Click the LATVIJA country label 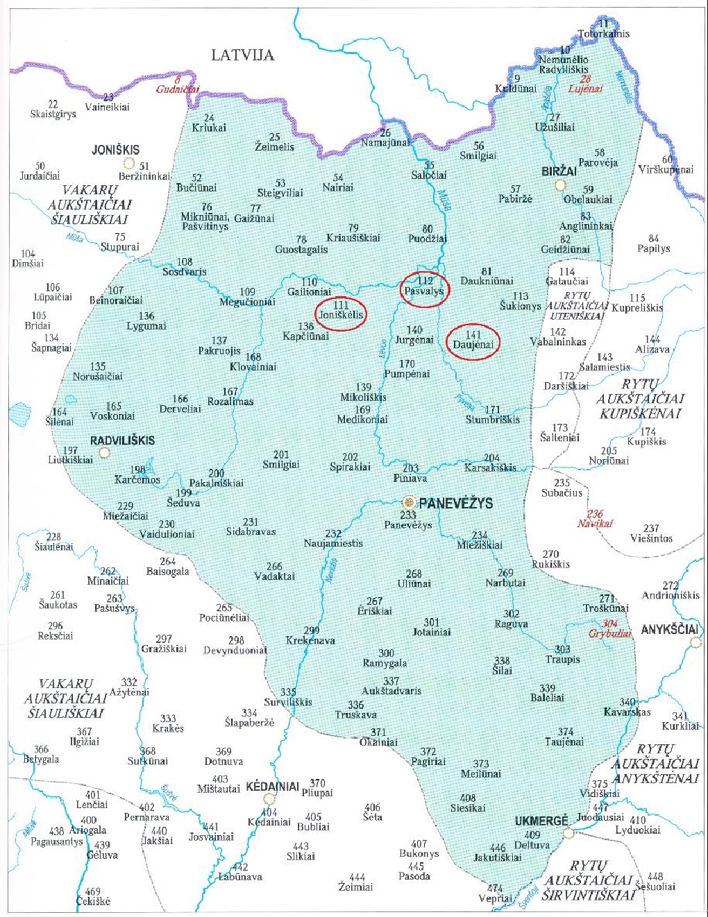[243, 55]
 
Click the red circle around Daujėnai [473, 341]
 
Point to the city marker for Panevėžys [410, 502]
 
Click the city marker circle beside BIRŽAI [560, 185]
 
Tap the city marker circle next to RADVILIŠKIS [105, 452]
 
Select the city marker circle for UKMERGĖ [568, 832]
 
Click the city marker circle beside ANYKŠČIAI [696, 643]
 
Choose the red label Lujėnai [585, 89]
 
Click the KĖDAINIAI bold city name [272, 787]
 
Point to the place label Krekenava [310, 640]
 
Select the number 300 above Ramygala [386, 653]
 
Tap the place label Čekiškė [93, 901]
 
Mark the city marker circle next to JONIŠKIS [128, 164]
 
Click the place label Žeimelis [274, 147]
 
